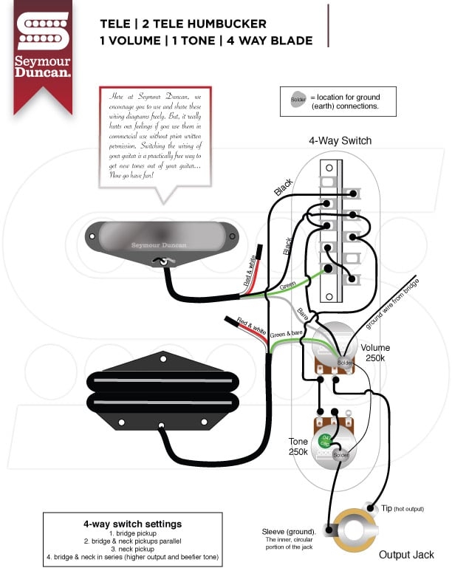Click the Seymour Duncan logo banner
(44, 52)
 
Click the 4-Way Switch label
(340, 140)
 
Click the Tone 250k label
(298, 446)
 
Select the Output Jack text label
(406, 555)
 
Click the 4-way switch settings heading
(132, 524)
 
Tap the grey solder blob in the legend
(297, 99)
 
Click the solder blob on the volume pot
(344, 363)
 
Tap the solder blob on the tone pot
(340, 456)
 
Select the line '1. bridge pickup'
(132, 533)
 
